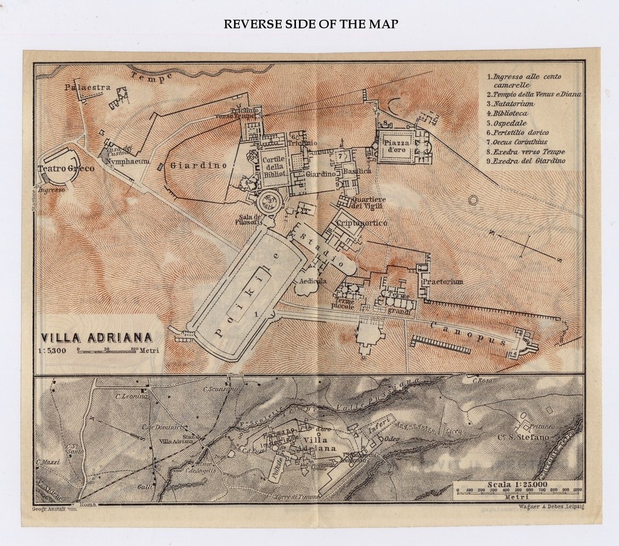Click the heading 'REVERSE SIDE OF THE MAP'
(x=311, y=25)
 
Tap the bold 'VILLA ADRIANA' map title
(x=97, y=337)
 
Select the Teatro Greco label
(x=66, y=168)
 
